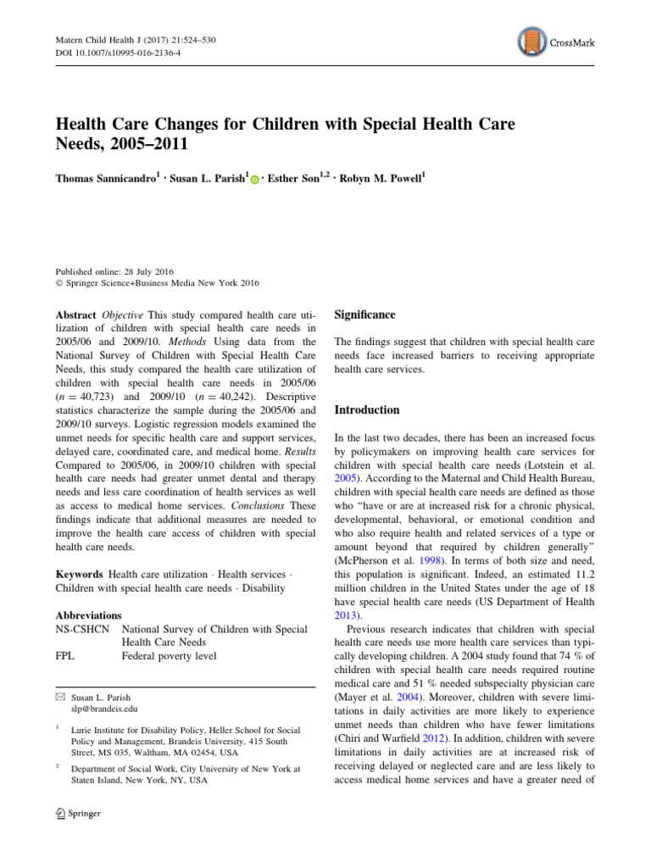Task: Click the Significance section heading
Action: click(x=364, y=314)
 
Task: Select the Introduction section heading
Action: click(x=367, y=409)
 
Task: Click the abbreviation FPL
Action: click(x=65, y=656)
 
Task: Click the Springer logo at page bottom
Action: click(x=78, y=813)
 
